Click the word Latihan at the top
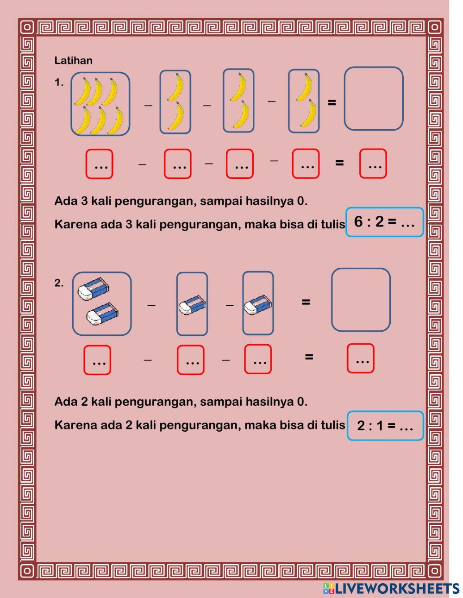(x=73, y=61)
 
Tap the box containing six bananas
(x=100, y=104)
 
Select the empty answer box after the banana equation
(x=373, y=99)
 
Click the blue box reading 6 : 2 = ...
(x=384, y=222)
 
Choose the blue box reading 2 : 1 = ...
(x=385, y=426)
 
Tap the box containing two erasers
(x=101, y=304)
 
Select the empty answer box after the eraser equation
(x=361, y=300)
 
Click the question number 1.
(x=59, y=83)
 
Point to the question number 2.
(x=59, y=283)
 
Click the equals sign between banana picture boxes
(x=332, y=102)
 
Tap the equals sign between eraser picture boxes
(x=306, y=302)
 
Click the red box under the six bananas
(x=99, y=164)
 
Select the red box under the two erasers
(x=97, y=360)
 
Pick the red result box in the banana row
(x=373, y=164)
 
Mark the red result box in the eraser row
(x=360, y=358)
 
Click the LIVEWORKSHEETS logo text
(x=391, y=588)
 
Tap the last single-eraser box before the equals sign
(x=258, y=303)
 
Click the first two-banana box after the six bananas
(x=175, y=102)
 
